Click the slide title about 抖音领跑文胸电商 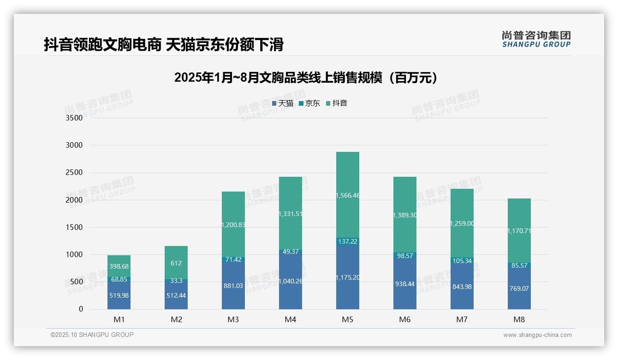[x=163, y=45]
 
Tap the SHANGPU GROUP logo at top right [x=536, y=39]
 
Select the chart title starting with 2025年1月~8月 [x=305, y=78]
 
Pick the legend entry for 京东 [x=309, y=103]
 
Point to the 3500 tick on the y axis [x=74, y=118]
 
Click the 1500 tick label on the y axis [x=74, y=227]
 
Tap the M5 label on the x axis [x=347, y=319]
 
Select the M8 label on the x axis [x=519, y=319]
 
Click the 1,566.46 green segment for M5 [x=347, y=195]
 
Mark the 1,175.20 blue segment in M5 [x=347, y=277]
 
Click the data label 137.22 [x=347, y=241]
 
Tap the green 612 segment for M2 [x=176, y=263]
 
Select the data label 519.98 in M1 [x=119, y=295]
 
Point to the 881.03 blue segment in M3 [x=233, y=286]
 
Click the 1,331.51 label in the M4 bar [x=290, y=213]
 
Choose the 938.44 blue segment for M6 [x=404, y=284]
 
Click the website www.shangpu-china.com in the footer [x=537, y=335]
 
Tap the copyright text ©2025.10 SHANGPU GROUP [x=92, y=335]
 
